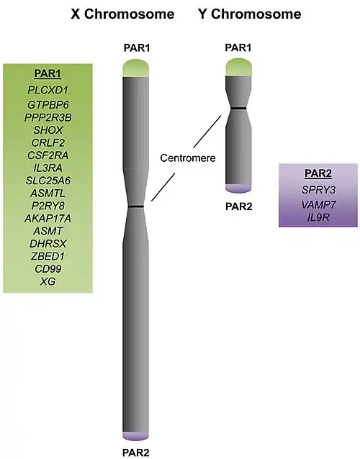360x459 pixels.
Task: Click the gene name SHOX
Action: tap(48, 130)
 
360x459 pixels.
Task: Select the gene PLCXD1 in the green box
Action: tap(48, 90)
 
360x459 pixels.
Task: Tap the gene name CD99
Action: tap(48, 269)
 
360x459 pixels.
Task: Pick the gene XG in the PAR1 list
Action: tap(48, 281)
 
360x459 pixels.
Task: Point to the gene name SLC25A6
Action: tap(48, 181)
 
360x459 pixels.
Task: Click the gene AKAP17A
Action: tap(48, 219)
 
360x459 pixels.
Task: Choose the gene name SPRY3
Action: tap(318, 190)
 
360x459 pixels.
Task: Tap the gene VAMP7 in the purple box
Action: tap(318, 204)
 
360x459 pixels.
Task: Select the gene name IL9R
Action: tap(318, 217)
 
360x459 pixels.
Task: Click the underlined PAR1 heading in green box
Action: tap(48, 73)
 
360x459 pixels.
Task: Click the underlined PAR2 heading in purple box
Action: tap(318, 173)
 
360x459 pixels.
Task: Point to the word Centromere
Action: tap(188, 158)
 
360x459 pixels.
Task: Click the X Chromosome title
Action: tap(122, 14)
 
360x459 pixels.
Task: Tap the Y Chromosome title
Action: tap(250, 14)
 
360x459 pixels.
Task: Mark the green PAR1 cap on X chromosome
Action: tap(136, 68)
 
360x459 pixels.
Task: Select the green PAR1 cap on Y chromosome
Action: tap(238, 68)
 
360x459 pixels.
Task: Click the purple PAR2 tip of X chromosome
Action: tap(135, 435)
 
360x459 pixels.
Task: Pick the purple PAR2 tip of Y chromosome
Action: tap(238, 188)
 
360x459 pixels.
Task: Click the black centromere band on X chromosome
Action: tap(136, 206)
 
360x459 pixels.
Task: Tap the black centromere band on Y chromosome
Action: tap(238, 109)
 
